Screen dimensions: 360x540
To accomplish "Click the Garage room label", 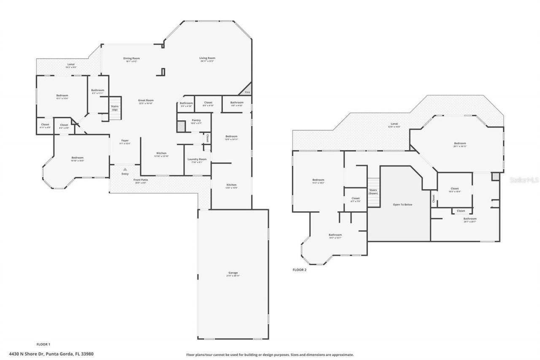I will pyautogui.click(x=233, y=273).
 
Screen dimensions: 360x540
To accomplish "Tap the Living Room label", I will pyautogui.click(x=208, y=58).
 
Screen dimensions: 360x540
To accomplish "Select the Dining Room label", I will pyautogui.click(x=131, y=58).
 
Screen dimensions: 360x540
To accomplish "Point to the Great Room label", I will pyautogui.click(x=146, y=100).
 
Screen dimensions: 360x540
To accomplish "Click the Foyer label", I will pyautogui.click(x=125, y=141).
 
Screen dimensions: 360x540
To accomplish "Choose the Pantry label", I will pyautogui.click(x=196, y=120).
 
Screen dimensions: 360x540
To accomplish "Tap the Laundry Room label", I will pyautogui.click(x=197, y=159).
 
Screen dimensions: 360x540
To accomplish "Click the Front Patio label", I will pyautogui.click(x=140, y=180).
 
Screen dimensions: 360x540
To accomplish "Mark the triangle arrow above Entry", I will pyautogui.click(x=125, y=169).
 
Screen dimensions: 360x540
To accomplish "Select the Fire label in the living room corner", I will pyautogui.click(x=247, y=92).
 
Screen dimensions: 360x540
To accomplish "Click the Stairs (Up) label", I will pyautogui.click(x=114, y=108).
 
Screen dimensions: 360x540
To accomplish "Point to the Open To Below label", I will pyautogui.click(x=402, y=205).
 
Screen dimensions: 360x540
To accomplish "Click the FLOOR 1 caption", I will pyautogui.click(x=43, y=345).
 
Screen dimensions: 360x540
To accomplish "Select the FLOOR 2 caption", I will pyautogui.click(x=300, y=270).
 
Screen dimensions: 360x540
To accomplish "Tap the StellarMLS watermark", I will pyautogui.click(x=524, y=180).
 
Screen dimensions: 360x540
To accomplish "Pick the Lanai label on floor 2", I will pyautogui.click(x=394, y=125).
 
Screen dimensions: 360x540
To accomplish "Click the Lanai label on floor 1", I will pyautogui.click(x=71, y=65).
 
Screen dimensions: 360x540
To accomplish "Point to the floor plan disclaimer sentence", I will pyautogui.click(x=270, y=355).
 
